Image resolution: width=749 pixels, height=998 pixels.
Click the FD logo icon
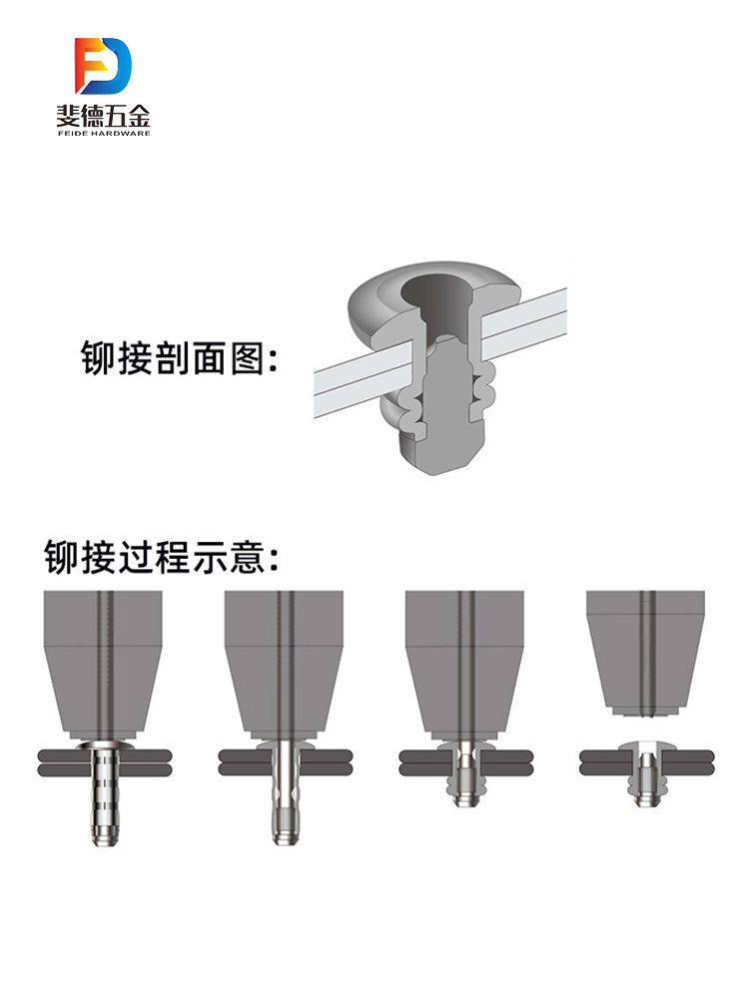coord(103,66)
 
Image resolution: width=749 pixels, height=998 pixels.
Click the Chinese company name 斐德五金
coord(103,115)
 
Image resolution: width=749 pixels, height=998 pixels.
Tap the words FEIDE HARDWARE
coord(103,133)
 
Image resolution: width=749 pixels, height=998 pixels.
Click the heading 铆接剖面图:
coord(179,357)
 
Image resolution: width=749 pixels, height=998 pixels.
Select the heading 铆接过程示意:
coord(161,557)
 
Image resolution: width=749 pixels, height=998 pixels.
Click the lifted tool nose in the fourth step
coord(646,653)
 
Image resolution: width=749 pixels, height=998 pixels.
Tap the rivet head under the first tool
coord(103,745)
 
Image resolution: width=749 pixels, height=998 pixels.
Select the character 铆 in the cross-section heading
coord(98,357)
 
